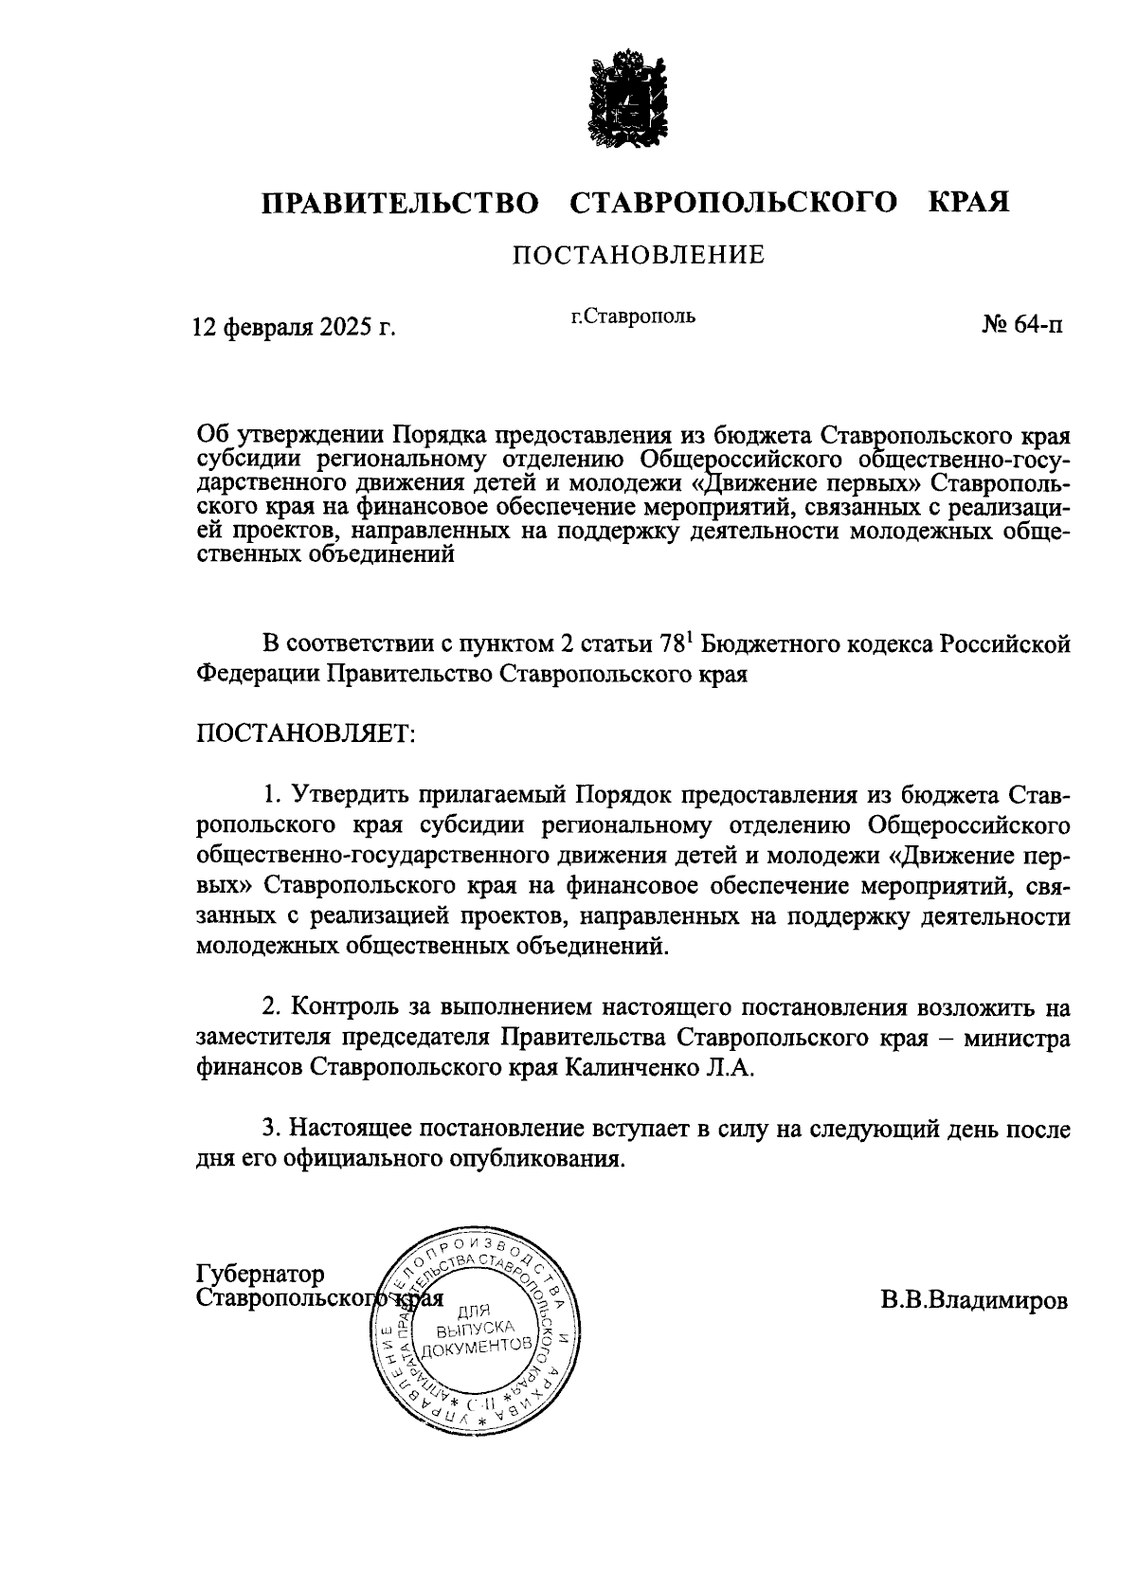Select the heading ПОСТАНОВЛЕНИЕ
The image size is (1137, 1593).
point(639,256)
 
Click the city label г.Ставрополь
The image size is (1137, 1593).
point(633,317)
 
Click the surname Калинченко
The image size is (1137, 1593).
point(644,1068)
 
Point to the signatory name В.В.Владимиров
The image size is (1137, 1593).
point(973,1300)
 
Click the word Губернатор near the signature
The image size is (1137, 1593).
point(261,1275)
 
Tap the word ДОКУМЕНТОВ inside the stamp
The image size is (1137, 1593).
point(473,1348)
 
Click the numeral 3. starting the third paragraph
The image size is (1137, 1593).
point(272,1129)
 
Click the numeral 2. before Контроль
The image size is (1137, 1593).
point(272,1006)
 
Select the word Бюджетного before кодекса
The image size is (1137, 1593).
point(784,645)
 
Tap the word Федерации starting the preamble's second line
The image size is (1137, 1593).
point(258,675)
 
